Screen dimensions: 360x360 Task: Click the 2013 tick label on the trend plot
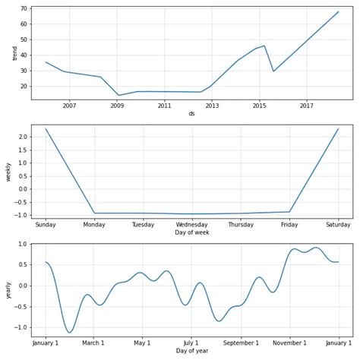click(212, 106)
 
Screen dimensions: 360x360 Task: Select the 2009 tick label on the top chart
click(117, 106)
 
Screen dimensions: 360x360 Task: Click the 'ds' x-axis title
click(191, 114)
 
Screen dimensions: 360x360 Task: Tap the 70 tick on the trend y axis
click(24, 9)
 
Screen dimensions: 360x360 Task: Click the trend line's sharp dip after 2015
click(273, 71)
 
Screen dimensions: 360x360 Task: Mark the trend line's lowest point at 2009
click(118, 96)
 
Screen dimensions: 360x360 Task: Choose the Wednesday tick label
click(192, 224)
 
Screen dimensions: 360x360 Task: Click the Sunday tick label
click(46, 224)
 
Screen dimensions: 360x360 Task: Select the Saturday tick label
click(338, 224)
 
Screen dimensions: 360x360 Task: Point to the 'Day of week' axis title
click(191, 232)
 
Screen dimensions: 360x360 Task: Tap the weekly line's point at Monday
click(94, 213)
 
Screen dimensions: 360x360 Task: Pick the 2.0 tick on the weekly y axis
click(22, 137)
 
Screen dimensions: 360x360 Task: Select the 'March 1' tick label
click(93, 343)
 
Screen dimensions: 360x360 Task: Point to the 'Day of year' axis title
click(191, 351)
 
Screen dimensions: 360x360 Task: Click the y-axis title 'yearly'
click(10, 290)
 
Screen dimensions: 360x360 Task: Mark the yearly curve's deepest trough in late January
click(69, 333)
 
